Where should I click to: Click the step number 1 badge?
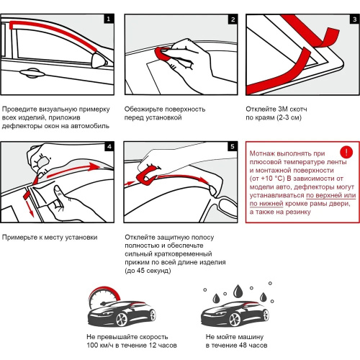109,19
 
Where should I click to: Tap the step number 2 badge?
233,19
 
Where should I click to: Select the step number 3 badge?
354,19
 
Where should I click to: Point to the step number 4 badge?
109,146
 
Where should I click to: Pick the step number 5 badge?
233,146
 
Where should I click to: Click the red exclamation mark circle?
346,152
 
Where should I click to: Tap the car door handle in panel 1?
32,73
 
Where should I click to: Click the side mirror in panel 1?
99,60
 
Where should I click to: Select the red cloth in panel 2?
163,54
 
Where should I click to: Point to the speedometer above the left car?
104,297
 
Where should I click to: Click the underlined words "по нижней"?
266,204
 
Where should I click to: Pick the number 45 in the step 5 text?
140,271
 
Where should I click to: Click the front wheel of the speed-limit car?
122,319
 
